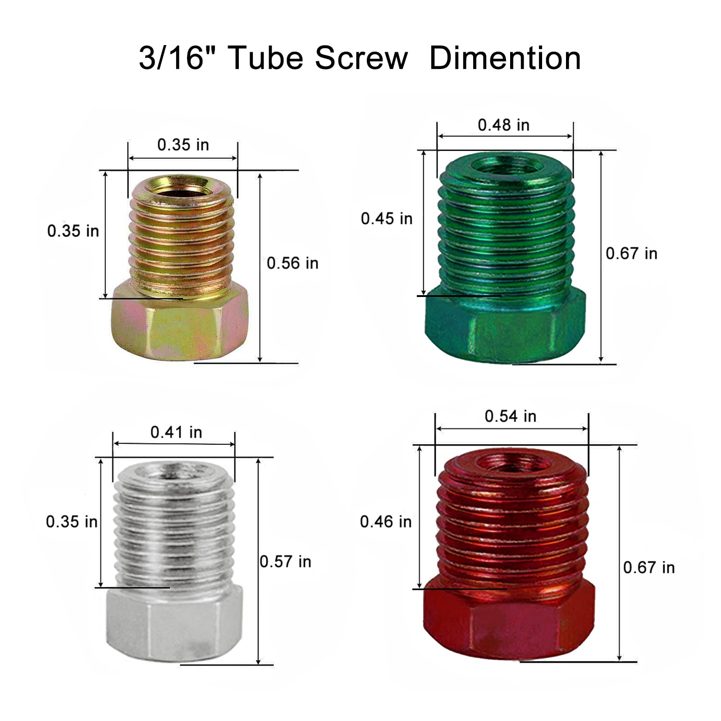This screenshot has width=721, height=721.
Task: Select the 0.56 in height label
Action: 292,263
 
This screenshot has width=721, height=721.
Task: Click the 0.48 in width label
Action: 503,125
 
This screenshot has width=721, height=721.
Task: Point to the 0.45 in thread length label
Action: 387,219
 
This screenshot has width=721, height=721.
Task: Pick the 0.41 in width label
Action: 176,432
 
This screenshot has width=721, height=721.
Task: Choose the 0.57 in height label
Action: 286,561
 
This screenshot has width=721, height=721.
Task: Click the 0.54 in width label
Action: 510,416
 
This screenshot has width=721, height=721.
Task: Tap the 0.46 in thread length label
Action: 386,522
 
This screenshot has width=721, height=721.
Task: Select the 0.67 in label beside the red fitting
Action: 648,567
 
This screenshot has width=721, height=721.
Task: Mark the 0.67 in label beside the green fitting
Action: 631,253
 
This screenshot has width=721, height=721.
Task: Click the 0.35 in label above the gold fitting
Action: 183,145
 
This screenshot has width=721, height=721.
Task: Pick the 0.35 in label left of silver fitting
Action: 72,522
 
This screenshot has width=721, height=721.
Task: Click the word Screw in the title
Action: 361,59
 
